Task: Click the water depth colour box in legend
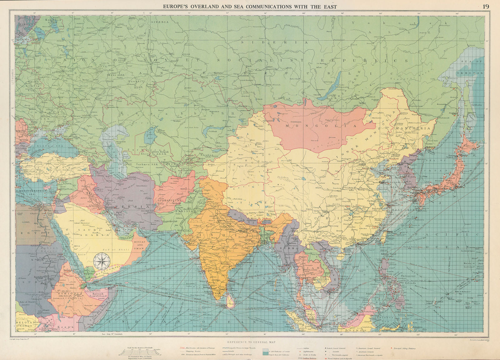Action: click(x=265, y=350)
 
